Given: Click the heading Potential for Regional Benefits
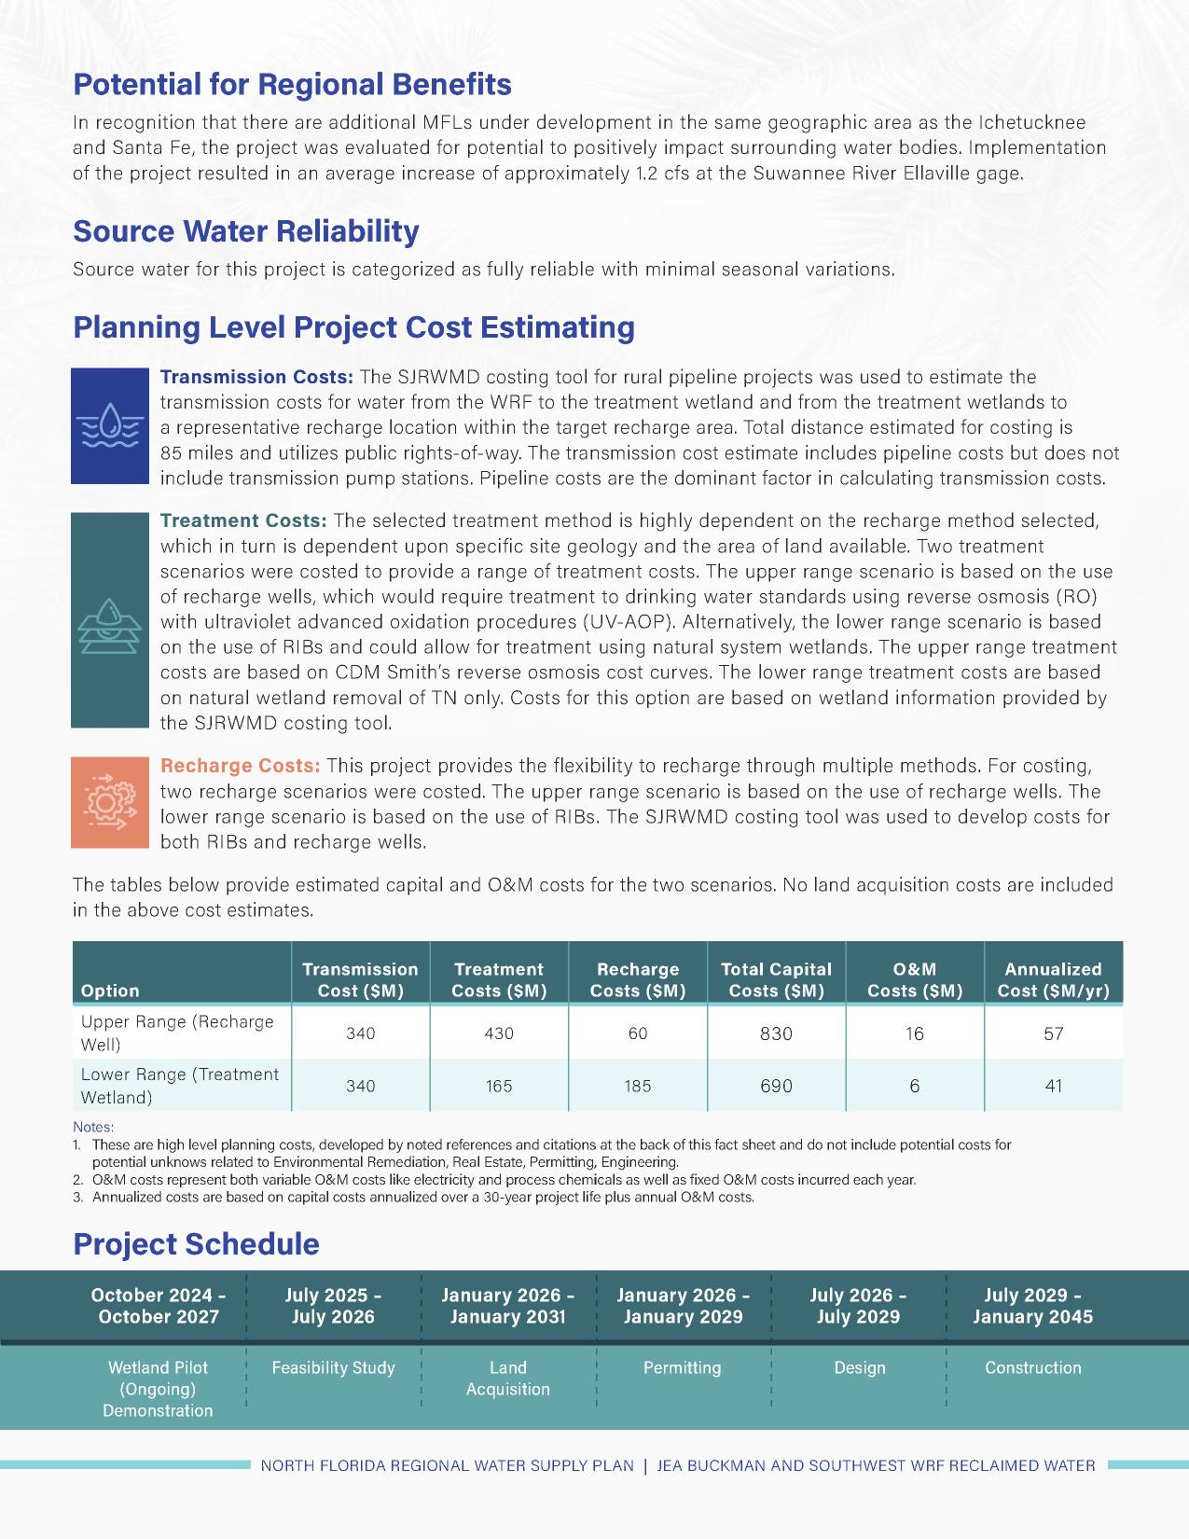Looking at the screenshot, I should coord(292,85).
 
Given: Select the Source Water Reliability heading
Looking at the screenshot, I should coord(246,231).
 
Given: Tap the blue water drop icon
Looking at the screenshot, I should coord(110,425).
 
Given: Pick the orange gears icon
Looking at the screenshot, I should coord(110,802).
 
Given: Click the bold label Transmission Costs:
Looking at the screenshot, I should coord(256,377).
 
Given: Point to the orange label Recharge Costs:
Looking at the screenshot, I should coord(241,766).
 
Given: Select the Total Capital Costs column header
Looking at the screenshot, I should coord(776,979).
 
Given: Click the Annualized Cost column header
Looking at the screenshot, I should coord(1053,979).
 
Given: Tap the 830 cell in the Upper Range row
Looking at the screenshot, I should coord(776,1033).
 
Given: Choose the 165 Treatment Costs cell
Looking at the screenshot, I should coord(499,1086).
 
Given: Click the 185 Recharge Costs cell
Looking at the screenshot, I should coord(638,1086).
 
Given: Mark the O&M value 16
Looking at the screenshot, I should coord(915,1033).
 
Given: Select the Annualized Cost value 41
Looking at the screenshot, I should coord(1053,1086).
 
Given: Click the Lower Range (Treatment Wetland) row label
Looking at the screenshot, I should coord(180,1086).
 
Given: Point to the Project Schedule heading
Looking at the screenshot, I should coord(196,1244).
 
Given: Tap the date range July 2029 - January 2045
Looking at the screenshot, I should coord(1032,1306).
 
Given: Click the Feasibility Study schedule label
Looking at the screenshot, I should coord(333,1368).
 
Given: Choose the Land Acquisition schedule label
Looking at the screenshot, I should coord(508,1379).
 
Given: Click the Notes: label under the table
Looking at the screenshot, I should coord(93,1127).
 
